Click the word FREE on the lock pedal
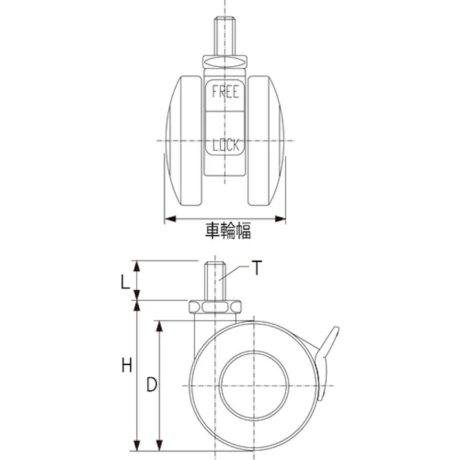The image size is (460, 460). [225, 92]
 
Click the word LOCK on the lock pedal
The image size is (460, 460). [226, 145]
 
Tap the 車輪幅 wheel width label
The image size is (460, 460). [228, 230]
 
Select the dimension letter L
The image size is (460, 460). [126, 283]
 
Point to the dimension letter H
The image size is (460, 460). [127, 366]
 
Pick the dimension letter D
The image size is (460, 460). [152, 385]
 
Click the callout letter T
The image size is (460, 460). [257, 268]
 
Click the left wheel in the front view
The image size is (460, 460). [184, 141]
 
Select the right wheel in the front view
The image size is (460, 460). [266, 141]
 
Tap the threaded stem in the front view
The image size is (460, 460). [225, 35]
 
